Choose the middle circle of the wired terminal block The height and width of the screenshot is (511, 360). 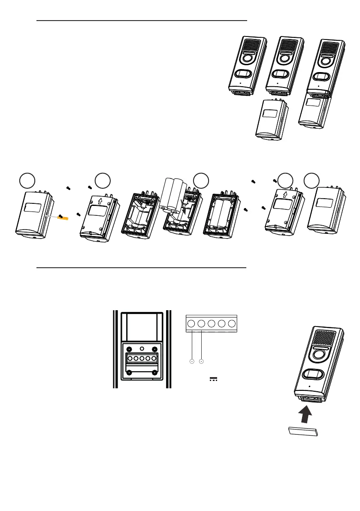tap(212, 324)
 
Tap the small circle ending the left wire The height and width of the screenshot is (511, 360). tap(191, 362)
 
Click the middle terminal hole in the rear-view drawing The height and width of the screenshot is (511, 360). tap(142, 359)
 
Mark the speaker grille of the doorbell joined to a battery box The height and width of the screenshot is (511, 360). tap(332, 48)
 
